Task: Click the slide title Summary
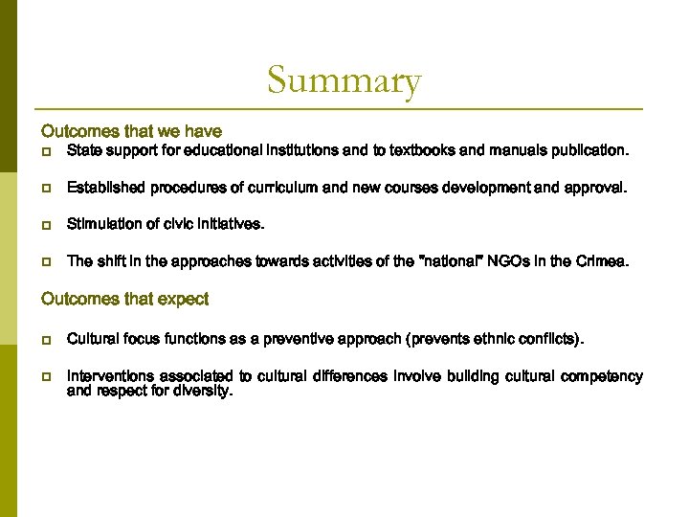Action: [344, 81]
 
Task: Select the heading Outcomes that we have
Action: [131, 131]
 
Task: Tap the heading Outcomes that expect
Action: [124, 299]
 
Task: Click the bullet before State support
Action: [46, 152]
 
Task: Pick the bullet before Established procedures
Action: [46, 189]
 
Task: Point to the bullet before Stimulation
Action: [46, 225]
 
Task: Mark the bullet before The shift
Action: [46, 261]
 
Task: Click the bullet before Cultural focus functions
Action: [46, 340]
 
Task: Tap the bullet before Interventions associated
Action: [46, 377]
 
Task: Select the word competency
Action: [600, 376]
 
